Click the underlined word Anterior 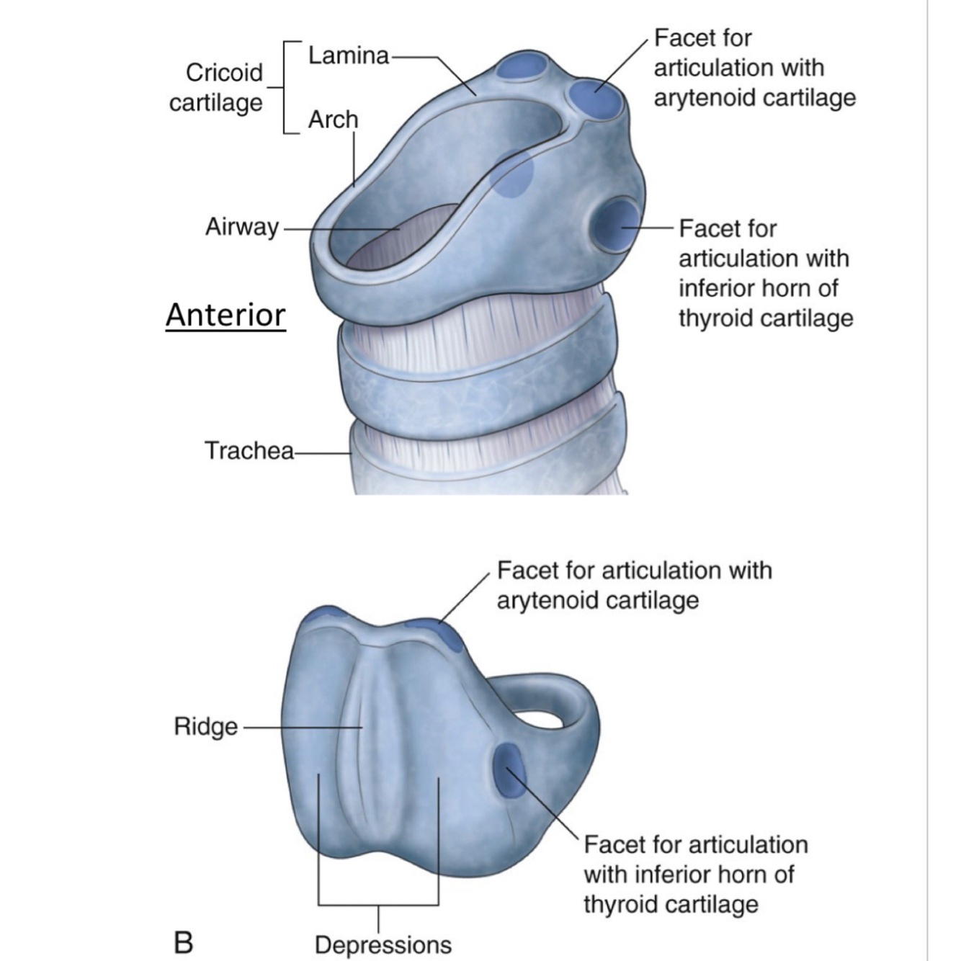[225, 316]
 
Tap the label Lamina [349, 55]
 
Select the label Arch [333, 120]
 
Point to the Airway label [241, 227]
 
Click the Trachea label [249, 451]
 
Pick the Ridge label [205, 726]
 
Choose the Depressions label [383, 944]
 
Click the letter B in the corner [184, 942]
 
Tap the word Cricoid [224, 73]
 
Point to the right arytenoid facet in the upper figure [596, 99]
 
